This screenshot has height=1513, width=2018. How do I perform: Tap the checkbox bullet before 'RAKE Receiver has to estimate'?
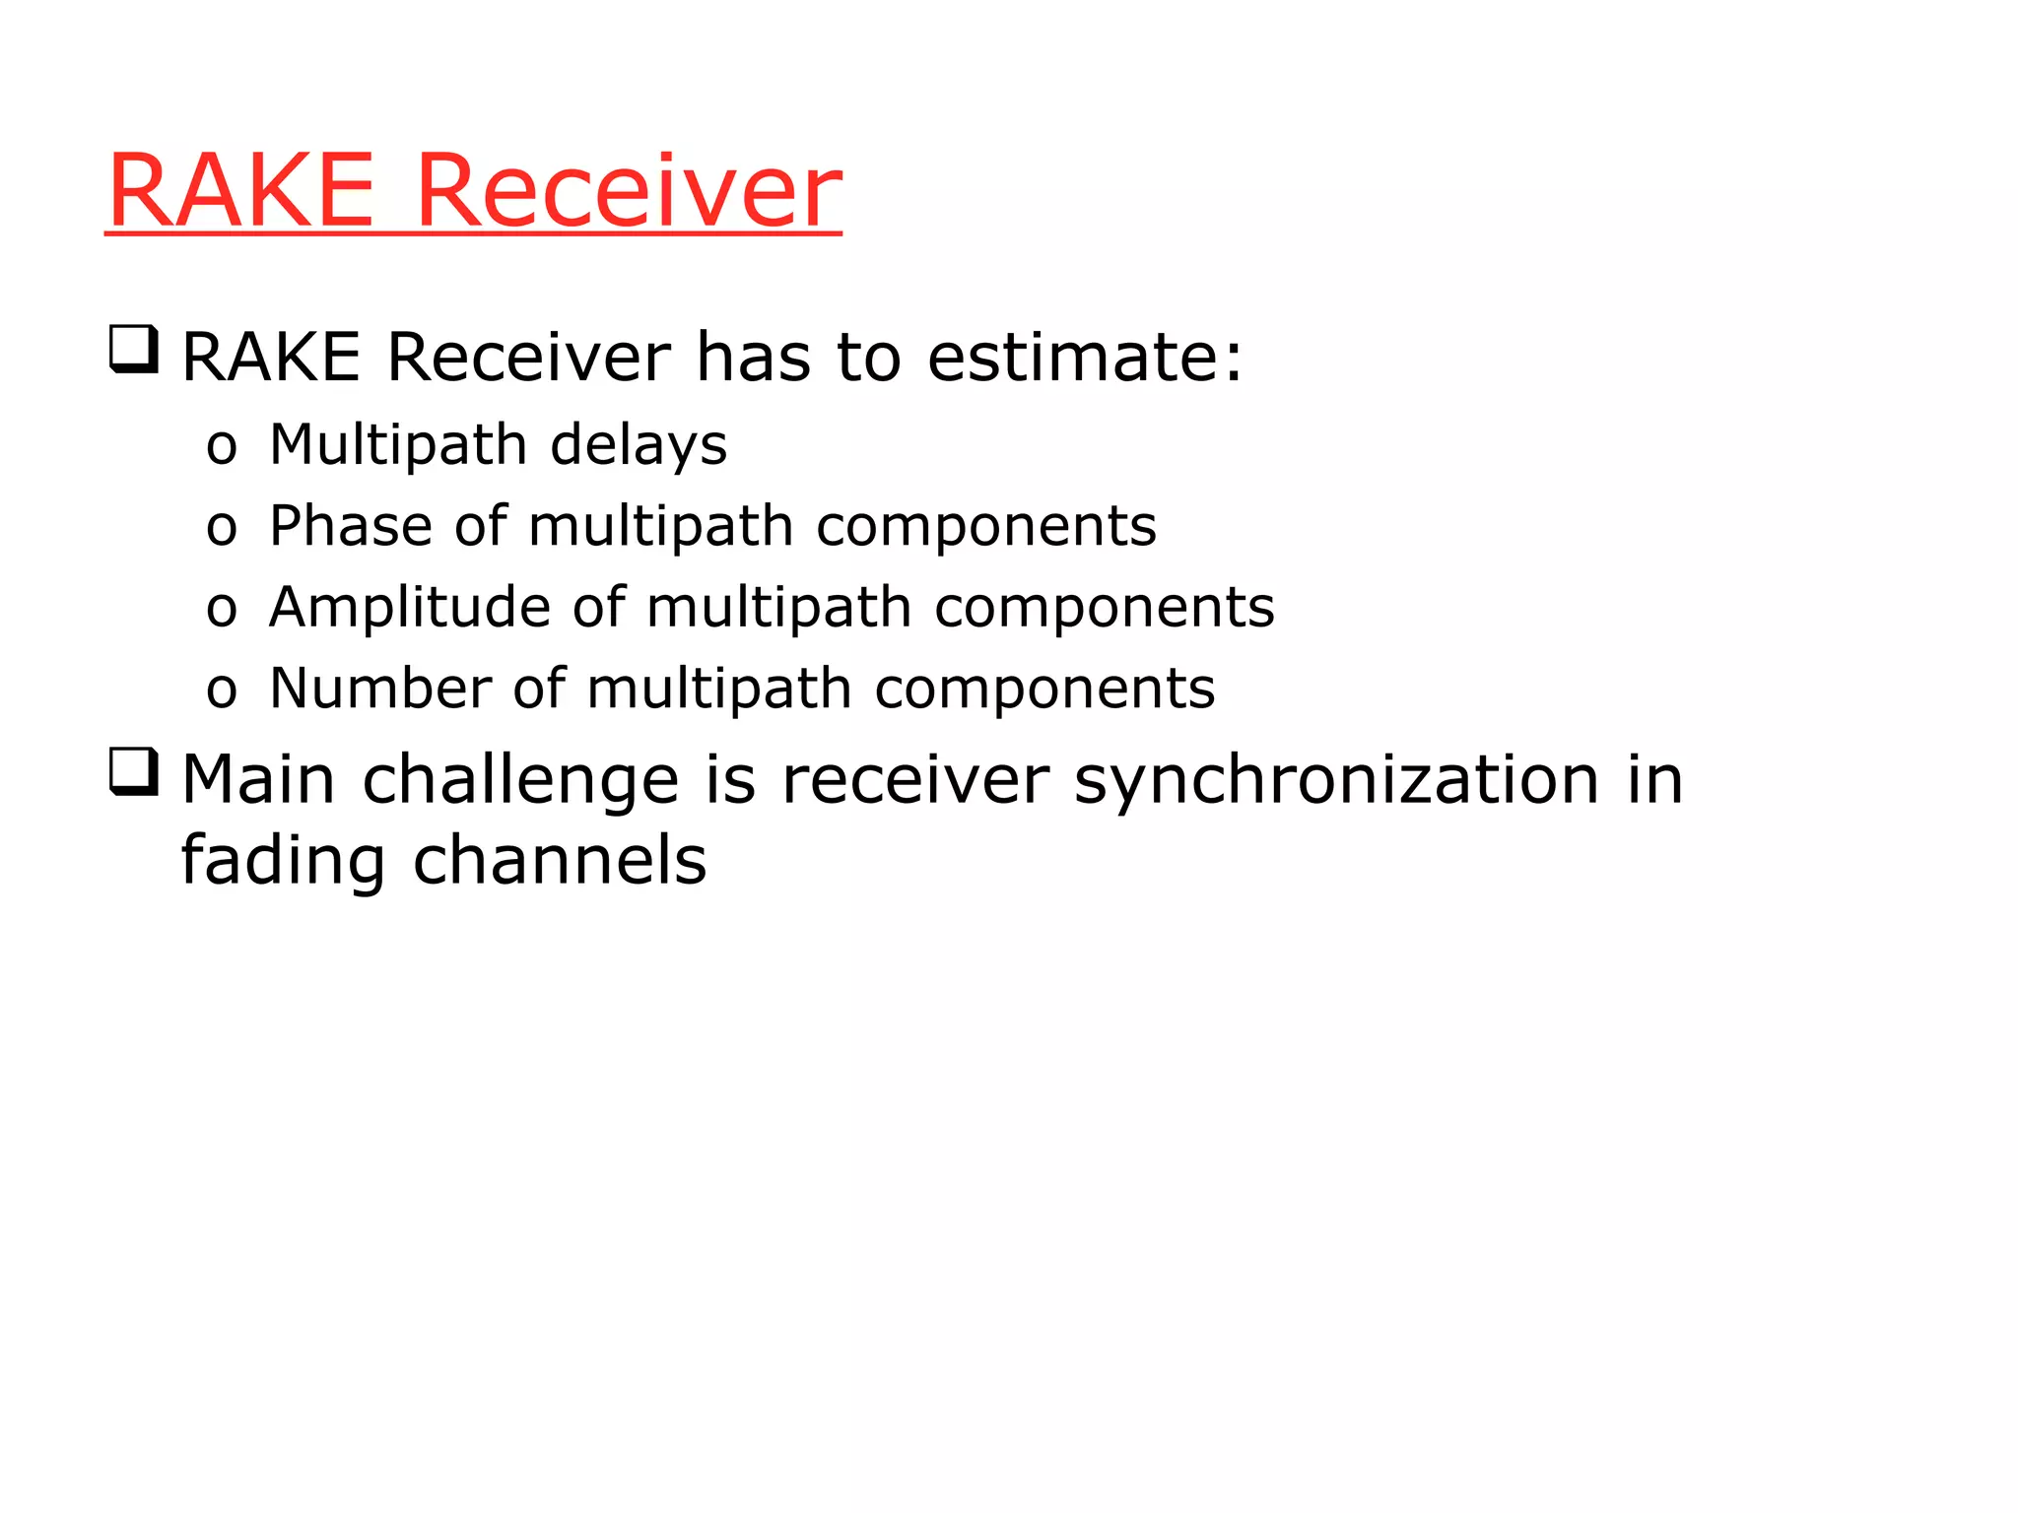[133, 350]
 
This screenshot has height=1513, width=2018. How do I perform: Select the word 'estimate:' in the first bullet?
[1085, 357]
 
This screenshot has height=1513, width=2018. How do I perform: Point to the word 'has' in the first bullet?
[753, 357]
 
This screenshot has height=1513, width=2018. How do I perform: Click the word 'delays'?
[639, 445]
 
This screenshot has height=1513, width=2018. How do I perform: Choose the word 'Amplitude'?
[408, 607]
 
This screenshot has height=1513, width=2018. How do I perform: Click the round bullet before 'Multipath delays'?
[222, 449]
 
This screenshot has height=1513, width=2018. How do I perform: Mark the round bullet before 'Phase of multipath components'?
[222, 530]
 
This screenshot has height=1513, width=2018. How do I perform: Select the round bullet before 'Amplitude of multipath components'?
[222, 611]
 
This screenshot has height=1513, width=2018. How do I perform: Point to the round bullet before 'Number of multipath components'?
[222, 691]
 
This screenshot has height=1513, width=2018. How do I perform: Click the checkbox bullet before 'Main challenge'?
[133, 772]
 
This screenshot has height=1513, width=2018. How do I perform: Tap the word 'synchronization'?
[1336, 780]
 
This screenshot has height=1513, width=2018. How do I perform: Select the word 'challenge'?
[520, 780]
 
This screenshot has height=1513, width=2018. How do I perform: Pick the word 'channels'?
[559, 861]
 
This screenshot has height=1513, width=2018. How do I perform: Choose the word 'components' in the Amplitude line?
[1104, 607]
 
